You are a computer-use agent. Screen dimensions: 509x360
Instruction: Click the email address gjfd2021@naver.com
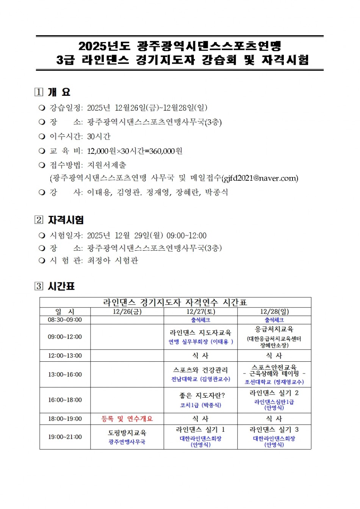coord(260,178)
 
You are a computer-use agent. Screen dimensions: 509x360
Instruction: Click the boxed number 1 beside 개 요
coord(39,92)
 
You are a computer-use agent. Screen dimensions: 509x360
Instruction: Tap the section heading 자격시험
coord(66,220)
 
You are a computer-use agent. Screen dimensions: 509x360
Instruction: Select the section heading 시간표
coord(61,286)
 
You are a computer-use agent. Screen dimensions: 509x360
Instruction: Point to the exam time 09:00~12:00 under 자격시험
coord(186,236)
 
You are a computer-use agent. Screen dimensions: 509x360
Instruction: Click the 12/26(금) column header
coord(127,312)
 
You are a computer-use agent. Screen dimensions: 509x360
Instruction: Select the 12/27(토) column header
coord(200,312)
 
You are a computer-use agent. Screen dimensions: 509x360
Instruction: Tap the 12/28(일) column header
coord(274,312)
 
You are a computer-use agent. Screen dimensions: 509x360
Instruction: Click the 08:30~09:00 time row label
coord(65,320)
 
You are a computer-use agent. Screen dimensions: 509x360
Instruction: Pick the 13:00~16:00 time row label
coord(65,375)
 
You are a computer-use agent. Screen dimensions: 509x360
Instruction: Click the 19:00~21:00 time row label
coord(65,437)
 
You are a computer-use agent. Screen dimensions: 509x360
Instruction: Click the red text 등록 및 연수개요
coord(127,418)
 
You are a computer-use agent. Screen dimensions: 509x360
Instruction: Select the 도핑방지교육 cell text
coord(127,433)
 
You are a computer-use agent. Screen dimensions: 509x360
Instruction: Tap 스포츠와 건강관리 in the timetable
coord(200,370)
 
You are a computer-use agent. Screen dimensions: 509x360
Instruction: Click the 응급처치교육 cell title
coord(274,329)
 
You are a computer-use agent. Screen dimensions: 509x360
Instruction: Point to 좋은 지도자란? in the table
coord(200,395)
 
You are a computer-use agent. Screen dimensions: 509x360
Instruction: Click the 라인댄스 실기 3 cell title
coord(274,429)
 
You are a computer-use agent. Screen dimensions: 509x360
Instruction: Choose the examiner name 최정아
coord(99,261)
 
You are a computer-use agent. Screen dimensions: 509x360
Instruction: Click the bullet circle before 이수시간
coord(42,136)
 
